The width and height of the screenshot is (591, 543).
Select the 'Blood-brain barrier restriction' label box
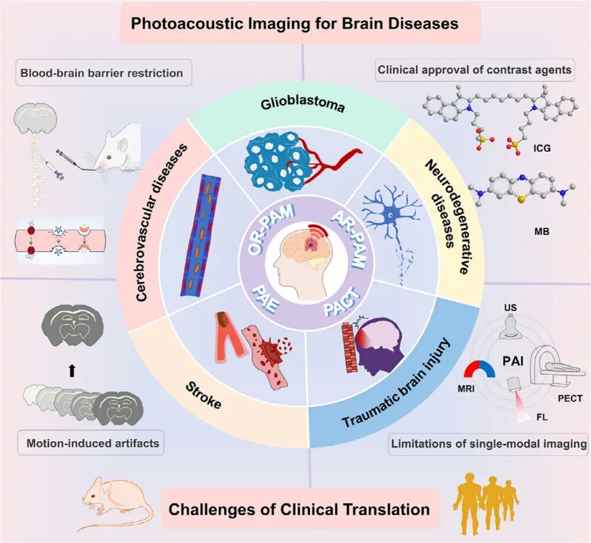pos(102,74)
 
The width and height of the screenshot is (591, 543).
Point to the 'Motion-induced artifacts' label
pos(93,443)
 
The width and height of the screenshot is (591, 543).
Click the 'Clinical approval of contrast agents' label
pos(475,70)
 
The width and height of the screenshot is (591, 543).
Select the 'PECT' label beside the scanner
pos(569,398)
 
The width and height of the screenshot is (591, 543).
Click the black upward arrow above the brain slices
pos(72,370)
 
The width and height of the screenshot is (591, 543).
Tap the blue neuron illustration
pos(388,218)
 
